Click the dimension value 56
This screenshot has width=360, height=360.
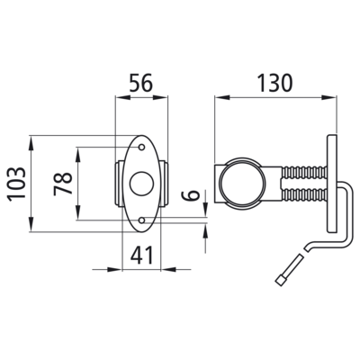click(x=141, y=83)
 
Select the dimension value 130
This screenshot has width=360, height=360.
click(x=274, y=83)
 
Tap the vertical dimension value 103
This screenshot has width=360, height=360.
click(x=16, y=184)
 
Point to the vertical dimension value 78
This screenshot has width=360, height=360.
click(x=63, y=184)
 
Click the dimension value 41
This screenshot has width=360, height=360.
click(x=141, y=255)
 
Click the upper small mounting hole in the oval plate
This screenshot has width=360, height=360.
click(x=142, y=148)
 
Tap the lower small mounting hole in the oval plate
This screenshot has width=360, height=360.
click(x=142, y=220)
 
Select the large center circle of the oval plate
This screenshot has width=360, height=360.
click(x=142, y=184)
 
